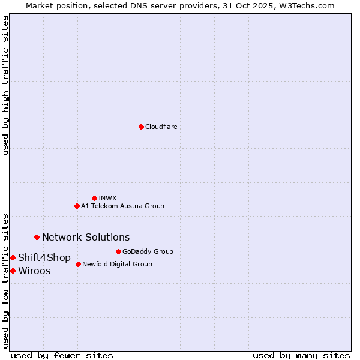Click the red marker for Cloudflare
141,127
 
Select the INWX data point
94,198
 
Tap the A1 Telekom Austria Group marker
77,206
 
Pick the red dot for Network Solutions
37,237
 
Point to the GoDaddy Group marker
118,251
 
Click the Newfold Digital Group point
78,264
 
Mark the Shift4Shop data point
13,257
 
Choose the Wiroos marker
13,271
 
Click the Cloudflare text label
161,127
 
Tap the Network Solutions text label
86,237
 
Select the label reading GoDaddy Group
148,251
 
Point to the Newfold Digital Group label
117,264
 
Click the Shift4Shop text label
44,257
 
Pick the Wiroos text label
34,271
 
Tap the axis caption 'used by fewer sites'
62,355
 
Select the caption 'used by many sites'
301,355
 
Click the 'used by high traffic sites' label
5,85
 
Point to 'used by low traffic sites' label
5,280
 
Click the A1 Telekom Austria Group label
122,206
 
